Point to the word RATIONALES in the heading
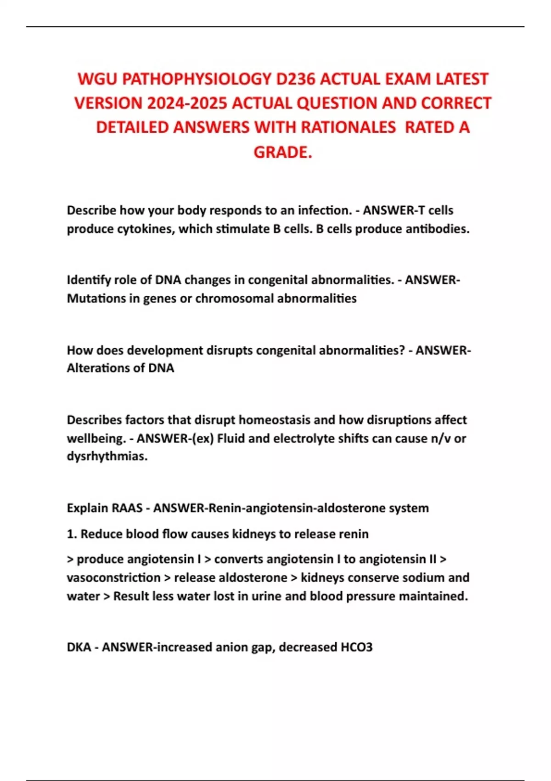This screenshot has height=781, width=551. point(348,127)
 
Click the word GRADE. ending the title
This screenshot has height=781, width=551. point(283,152)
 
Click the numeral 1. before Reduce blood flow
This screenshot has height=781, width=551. point(72,534)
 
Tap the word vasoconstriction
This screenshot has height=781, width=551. point(113,577)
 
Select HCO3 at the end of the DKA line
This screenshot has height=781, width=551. point(356,647)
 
